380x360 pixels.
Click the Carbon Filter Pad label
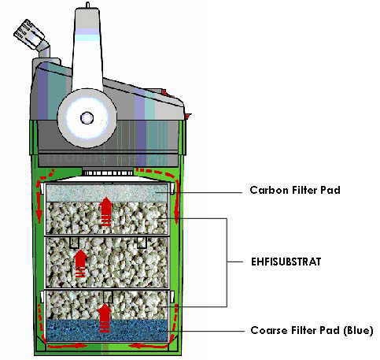point(295,190)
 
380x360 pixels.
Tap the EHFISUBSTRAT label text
point(286,262)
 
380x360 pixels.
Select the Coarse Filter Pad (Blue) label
point(312,330)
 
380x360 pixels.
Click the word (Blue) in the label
point(358,330)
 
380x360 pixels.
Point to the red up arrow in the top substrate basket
point(105,212)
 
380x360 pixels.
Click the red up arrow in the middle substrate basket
point(81,263)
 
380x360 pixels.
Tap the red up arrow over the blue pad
point(105,318)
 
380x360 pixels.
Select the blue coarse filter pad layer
point(107,330)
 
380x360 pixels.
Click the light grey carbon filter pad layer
point(107,193)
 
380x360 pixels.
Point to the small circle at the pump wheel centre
point(87,118)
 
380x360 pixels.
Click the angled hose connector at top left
point(32,37)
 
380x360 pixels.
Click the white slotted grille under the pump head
point(108,173)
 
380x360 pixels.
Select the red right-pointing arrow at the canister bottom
point(68,346)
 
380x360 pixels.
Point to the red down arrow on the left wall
point(39,207)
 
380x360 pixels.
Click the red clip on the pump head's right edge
point(188,116)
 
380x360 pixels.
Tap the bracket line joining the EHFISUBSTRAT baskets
point(227,262)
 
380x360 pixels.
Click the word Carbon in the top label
point(266,190)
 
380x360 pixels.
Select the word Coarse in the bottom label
point(266,330)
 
